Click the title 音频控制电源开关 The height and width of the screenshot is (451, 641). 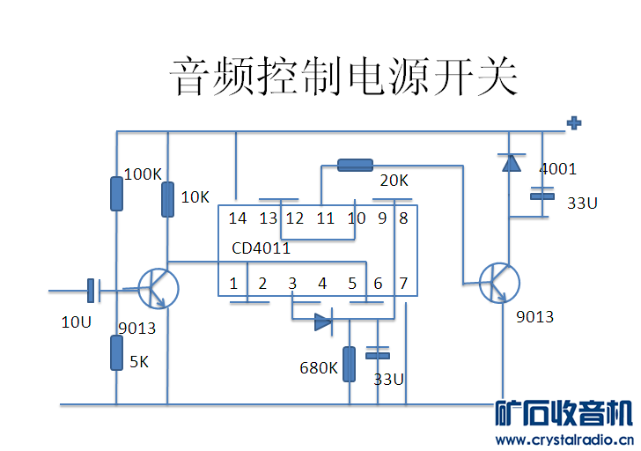point(343,78)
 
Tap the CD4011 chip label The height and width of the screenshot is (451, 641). point(262,248)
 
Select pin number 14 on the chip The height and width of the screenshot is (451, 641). point(237,218)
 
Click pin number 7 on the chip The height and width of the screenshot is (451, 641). point(404,284)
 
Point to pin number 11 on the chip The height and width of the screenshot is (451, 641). point(326,218)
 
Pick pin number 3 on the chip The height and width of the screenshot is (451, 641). point(292,284)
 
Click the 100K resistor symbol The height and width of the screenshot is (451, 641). point(116,194)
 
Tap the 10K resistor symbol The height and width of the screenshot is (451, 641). point(168,199)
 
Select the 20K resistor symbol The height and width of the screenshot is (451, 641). point(355,165)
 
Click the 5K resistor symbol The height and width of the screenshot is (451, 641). point(116,352)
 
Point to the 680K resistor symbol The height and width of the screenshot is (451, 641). point(350,364)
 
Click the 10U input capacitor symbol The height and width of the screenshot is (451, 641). point(92,289)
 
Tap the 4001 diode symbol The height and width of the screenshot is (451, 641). point(510,162)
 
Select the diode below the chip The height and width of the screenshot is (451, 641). point(323,322)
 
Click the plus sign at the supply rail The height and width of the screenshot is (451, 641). point(574,123)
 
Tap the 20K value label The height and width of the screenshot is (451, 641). point(394,181)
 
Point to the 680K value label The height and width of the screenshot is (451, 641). point(318,367)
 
